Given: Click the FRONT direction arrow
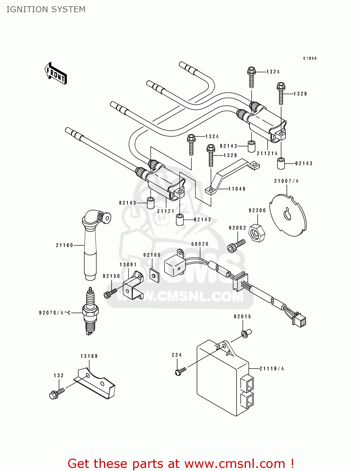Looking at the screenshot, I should coord(56,73).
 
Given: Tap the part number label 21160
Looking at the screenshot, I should coord(64,245).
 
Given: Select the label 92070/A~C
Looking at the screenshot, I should coord(55,313).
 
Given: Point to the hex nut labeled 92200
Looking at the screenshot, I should coord(257,233).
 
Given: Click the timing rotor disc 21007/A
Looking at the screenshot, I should coord(288,215).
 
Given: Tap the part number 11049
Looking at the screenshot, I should coord(237,189).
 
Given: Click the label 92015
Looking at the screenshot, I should coord(242,317).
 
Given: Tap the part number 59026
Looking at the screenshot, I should coord(200,244).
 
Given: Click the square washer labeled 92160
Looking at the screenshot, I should coord(154,276).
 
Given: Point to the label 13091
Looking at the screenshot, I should coord(128,265).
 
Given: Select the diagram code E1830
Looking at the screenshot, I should coord(310,58).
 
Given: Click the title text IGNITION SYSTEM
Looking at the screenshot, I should coord(46,9).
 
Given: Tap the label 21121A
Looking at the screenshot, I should coord(267,153).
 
